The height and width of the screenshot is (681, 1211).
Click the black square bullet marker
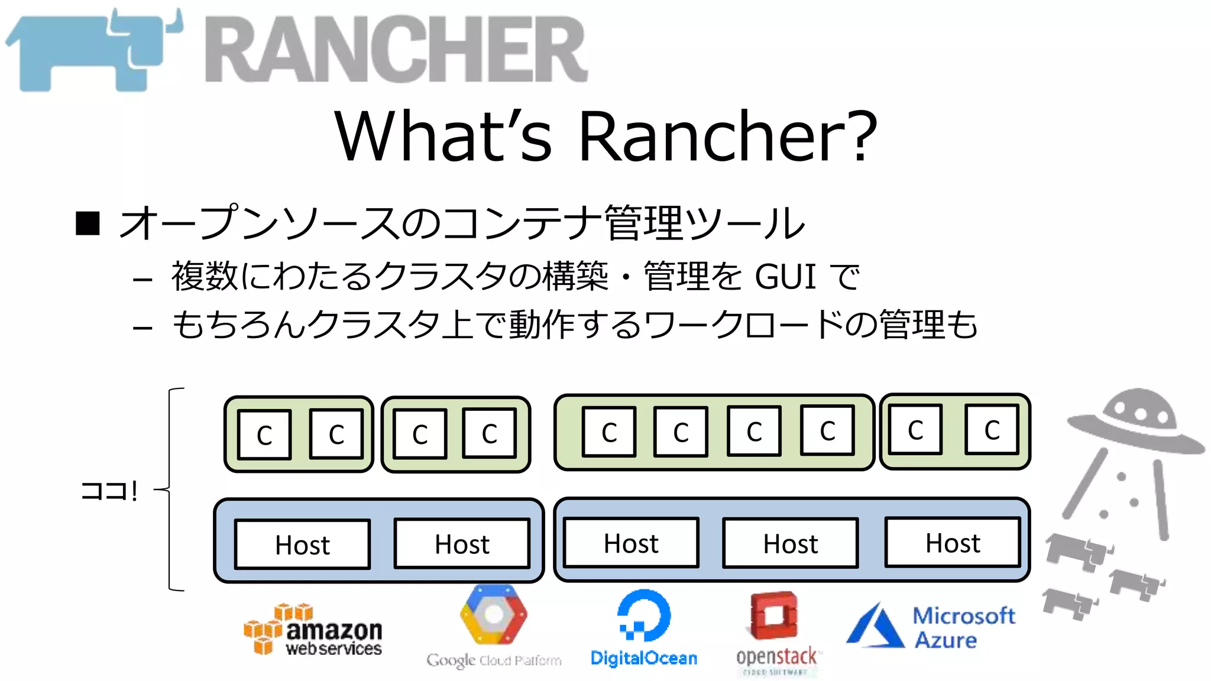tap(88, 223)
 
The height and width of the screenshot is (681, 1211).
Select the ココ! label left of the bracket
tap(109, 491)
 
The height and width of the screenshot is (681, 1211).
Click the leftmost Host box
tap(302, 544)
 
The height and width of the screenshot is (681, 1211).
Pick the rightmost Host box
tap(953, 543)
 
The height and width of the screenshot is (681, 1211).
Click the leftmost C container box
tap(264, 435)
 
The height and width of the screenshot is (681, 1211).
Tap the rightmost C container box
tap(992, 430)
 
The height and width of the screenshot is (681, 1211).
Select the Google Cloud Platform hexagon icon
tap(493, 615)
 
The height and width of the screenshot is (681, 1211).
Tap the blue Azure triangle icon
tap(876, 627)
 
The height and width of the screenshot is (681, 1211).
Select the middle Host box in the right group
tap(791, 543)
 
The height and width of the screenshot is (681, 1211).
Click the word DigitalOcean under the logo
tap(644, 658)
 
